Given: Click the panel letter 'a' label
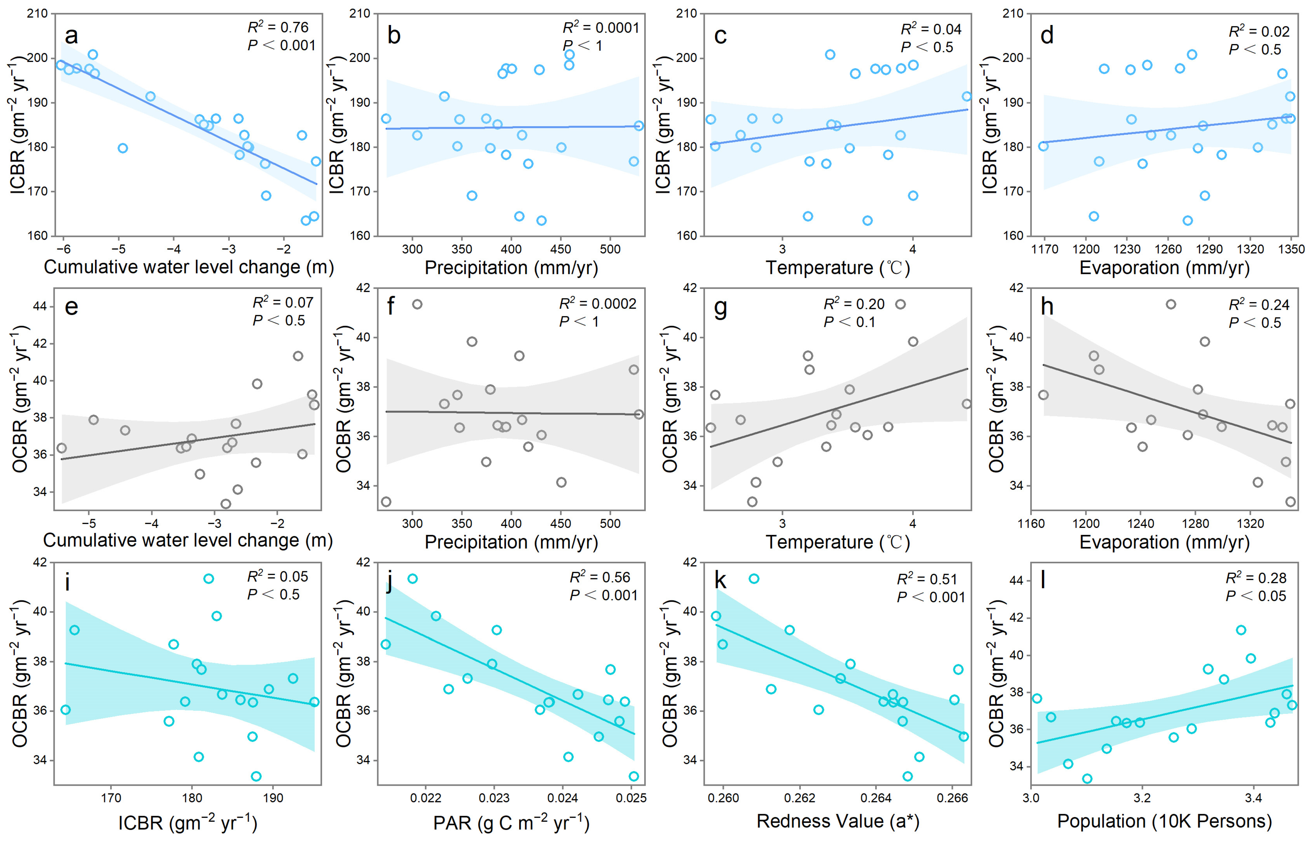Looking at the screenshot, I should point(71,36).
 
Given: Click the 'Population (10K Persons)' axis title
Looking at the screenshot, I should point(1164,821).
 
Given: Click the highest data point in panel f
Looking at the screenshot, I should point(417,304).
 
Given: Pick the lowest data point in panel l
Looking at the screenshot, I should point(1087,778).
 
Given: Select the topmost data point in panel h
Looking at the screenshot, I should point(1171,304).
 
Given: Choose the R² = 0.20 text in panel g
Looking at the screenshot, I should point(854,304).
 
